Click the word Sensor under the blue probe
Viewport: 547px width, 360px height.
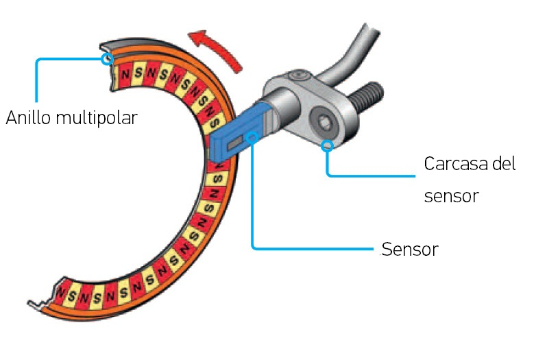tap(410, 249)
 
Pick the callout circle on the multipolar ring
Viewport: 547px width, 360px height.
tap(106, 59)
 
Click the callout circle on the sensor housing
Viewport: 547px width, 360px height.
tap(328, 145)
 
